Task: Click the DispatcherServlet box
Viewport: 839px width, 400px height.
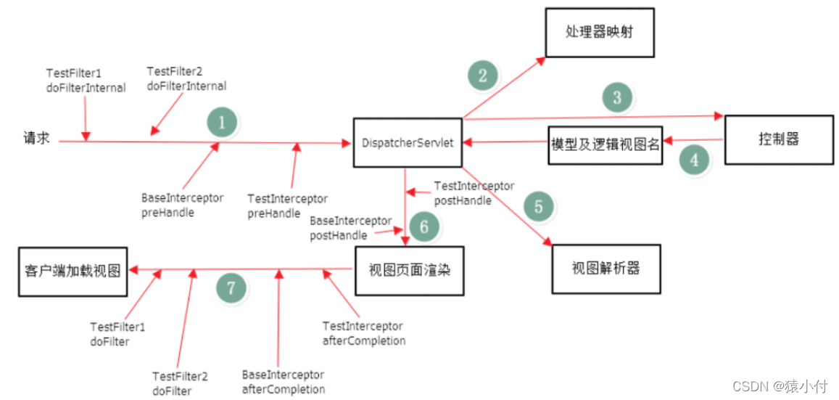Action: coord(407,143)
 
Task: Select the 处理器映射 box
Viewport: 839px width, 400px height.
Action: coord(600,33)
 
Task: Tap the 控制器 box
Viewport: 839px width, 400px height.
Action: coord(780,139)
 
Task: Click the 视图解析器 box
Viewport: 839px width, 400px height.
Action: coord(606,268)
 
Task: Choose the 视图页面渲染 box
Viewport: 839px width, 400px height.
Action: coord(408,271)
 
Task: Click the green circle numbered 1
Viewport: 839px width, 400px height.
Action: coord(222,123)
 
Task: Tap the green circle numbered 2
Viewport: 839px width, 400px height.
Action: coord(483,75)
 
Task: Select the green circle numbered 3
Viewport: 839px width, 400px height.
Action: coord(617,97)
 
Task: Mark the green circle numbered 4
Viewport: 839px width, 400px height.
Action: coord(695,160)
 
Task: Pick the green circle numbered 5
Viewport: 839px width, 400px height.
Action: coord(538,206)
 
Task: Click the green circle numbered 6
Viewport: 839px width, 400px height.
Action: coord(424,227)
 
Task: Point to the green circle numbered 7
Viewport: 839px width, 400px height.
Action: coord(231,288)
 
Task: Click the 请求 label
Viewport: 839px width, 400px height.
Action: coord(36,139)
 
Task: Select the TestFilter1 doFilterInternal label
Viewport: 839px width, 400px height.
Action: coord(86,81)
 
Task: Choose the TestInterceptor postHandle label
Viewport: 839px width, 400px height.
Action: coord(474,193)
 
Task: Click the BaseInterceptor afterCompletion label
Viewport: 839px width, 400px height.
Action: coord(284,382)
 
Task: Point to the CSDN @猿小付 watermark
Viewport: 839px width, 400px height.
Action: coord(780,385)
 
